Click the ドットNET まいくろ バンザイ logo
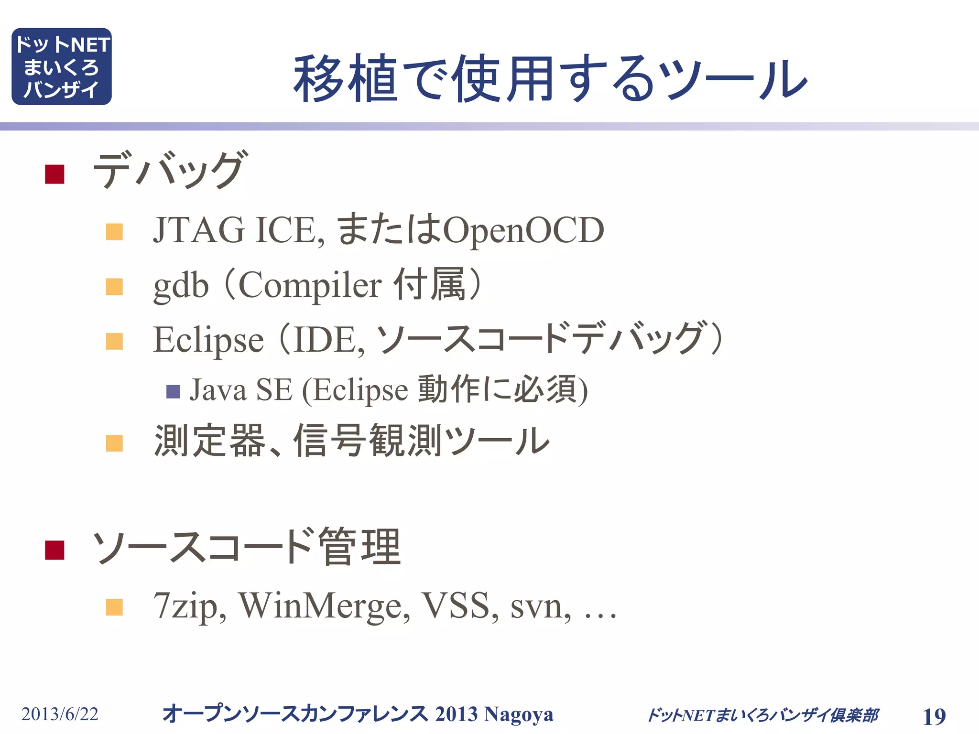[62, 66]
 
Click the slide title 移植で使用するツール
[550, 79]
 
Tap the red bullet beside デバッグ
[54, 174]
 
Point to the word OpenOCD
[523, 230]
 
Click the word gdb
[181, 285]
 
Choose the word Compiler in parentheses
[310, 285]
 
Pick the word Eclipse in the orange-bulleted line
[208, 340]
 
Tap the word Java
[218, 390]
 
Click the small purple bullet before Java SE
[173, 392]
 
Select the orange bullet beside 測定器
[114, 443]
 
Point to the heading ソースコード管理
[246, 547]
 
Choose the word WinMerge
[324, 606]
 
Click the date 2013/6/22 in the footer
[60, 714]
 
